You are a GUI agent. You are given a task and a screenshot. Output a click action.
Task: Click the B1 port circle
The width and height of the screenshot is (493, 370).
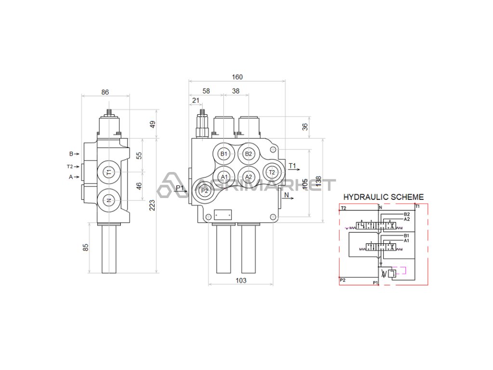pos(223,154)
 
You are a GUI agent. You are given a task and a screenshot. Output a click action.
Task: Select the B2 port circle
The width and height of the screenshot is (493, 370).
pos(248,154)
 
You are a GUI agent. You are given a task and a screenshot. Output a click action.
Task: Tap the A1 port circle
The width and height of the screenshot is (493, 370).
pos(223,177)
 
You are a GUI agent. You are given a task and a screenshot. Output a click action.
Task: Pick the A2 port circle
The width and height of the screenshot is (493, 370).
pos(248,177)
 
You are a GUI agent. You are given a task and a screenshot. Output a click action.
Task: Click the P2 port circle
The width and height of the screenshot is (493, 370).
pos(205,190)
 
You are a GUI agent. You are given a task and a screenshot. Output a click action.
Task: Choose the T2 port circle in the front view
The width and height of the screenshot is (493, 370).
pos(272,172)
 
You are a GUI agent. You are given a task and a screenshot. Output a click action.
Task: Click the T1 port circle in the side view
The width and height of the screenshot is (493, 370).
pos(109,172)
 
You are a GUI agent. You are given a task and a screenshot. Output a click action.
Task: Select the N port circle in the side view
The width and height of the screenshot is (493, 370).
pos(109,200)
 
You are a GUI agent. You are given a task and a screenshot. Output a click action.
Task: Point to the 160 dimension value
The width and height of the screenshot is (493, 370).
pos(237,77)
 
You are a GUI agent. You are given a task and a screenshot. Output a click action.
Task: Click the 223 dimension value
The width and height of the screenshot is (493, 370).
pos(153,206)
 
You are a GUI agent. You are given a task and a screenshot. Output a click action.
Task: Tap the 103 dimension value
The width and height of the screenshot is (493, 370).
pos(241,280)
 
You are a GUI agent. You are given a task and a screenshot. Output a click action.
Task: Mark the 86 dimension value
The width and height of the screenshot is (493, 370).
pos(105,92)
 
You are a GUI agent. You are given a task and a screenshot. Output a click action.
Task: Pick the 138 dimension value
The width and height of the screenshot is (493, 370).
pos(319,181)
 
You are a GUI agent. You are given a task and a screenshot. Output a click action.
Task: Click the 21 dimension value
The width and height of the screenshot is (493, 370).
pos(195,100)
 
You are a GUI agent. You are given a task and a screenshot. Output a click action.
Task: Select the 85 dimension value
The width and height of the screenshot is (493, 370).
pos(86,248)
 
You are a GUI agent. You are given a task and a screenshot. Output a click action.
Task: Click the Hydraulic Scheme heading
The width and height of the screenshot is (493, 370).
pos(383,197)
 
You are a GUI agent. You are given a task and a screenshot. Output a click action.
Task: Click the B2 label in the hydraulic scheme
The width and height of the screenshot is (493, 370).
pos(407,214)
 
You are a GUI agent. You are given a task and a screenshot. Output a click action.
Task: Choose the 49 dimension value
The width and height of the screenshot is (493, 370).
pos(153,124)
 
